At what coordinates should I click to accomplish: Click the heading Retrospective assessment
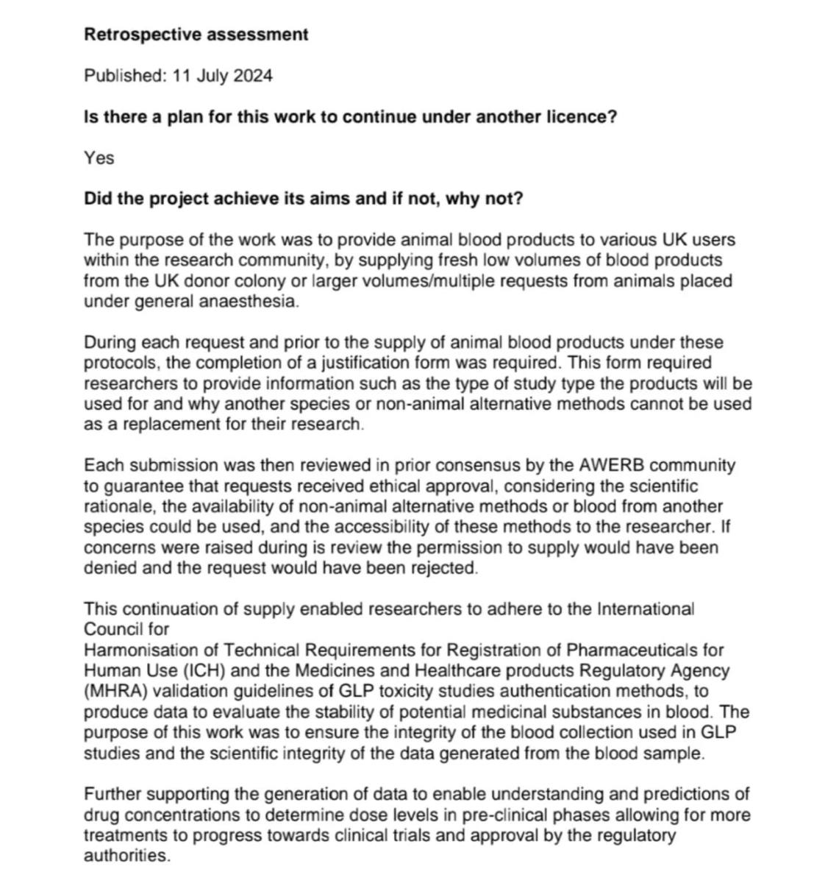196,34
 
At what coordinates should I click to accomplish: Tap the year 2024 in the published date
253,76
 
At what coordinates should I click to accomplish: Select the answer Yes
99,157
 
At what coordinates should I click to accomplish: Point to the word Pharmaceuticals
635,650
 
